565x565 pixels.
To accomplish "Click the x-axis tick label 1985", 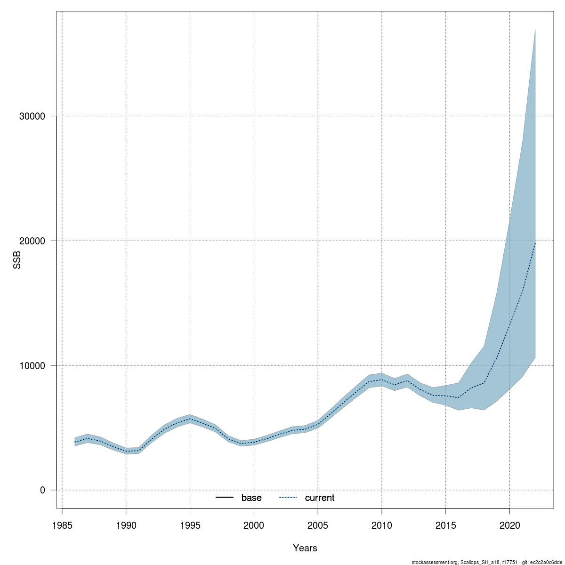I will (62, 525).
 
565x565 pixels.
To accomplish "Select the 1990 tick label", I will (126, 525).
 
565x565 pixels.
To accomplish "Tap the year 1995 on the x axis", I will (190, 525).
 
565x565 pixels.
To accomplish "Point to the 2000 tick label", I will (254, 525).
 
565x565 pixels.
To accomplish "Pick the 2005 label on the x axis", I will (318, 525).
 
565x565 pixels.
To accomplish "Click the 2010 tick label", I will (382, 525).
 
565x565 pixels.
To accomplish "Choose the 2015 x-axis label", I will (445, 525).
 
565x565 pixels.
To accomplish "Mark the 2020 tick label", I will (509, 525).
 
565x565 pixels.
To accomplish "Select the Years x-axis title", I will (305, 548).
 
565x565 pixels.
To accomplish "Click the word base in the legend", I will (251, 498).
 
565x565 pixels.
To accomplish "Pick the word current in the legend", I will (320, 498).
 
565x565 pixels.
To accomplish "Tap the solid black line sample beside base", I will (225, 498).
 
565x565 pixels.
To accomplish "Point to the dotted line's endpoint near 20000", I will (535, 243).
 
